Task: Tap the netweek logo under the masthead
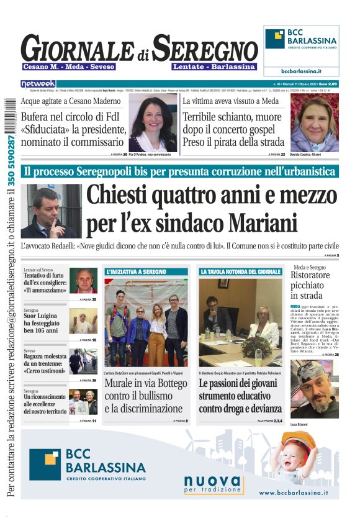38,84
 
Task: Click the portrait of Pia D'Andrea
153,123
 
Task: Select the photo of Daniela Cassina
314,122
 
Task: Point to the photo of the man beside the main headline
51,211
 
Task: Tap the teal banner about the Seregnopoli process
180,171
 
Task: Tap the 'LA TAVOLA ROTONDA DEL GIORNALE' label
240,272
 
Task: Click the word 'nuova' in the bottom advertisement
212,481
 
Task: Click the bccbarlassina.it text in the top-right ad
301,71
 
